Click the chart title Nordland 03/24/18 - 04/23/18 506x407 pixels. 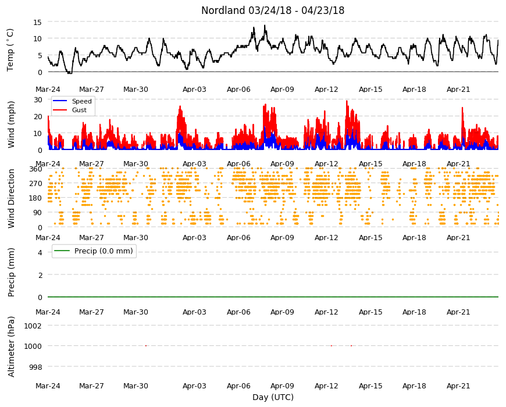coord(273,10)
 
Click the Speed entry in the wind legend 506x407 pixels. coord(81,101)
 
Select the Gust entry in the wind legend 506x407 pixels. coord(79,110)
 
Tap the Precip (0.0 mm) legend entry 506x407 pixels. coord(104,251)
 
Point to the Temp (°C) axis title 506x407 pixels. coord(10,50)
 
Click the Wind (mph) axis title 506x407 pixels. coord(11,124)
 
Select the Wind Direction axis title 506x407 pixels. coord(11,198)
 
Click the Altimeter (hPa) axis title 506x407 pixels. coord(11,347)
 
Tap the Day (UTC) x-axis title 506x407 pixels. coord(273,397)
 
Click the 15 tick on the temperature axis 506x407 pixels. coord(38,22)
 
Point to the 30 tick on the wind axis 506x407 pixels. coord(38,99)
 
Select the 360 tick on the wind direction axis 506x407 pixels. coord(36,169)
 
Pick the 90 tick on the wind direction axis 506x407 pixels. coord(38,213)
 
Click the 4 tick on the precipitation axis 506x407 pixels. coord(40,252)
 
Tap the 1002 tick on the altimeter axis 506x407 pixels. coord(33,326)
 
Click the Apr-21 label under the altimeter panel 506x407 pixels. coord(458,385)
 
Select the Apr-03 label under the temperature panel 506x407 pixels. coord(194,90)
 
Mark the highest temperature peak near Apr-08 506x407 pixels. coord(265,25)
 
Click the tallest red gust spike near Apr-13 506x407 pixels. coord(347,101)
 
